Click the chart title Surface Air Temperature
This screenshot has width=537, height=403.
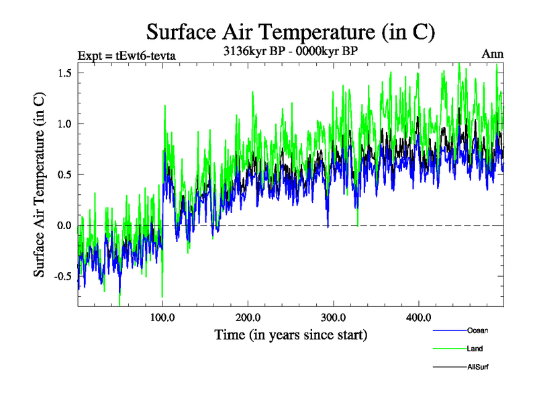pos(291,32)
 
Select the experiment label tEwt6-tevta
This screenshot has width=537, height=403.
pos(127,55)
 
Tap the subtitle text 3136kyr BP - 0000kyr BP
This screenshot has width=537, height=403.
pos(290,51)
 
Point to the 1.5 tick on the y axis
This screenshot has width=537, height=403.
pos(65,73)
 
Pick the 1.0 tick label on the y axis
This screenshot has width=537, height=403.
pos(65,124)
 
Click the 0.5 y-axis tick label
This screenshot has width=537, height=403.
pos(65,174)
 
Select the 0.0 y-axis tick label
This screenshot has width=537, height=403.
pos(65,225)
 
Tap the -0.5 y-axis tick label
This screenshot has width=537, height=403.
pos(63,276)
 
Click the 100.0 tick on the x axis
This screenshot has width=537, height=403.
pos(162,316)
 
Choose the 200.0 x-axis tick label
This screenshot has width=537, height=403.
pos(248,316)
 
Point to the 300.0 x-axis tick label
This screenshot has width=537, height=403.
pos(333,316)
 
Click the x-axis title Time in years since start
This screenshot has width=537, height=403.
pos(291,334)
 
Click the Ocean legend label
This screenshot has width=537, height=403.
pos(478,330)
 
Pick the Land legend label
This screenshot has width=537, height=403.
pos(475,349)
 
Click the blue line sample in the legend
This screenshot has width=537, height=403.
pos(448,330)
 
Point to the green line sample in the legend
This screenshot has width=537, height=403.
pos(448,349)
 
